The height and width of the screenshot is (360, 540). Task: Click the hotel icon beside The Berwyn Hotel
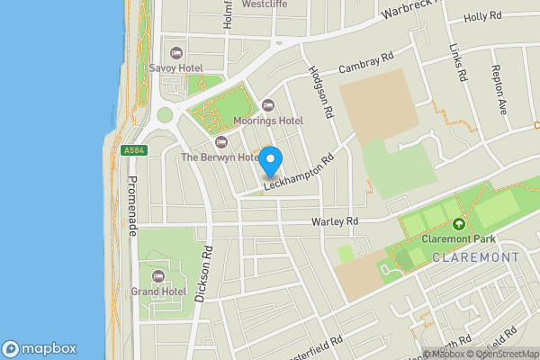coord(221,142)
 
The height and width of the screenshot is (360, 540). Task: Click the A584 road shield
coord(133,150)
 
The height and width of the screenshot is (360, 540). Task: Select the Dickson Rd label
coord(208,274)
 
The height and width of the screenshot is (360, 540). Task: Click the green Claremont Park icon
coord(459,224)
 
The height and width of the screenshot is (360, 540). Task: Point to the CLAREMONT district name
coord(476,257)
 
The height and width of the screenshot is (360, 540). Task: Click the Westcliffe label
coord(265,4)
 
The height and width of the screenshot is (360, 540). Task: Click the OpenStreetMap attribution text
coord(501,354)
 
